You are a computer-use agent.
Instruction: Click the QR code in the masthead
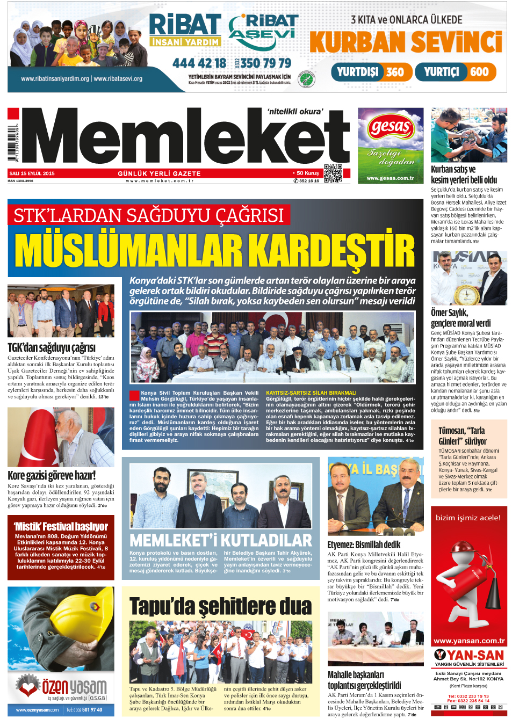tap(333, 173)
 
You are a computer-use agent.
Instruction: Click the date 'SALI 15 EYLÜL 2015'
tap(32, 173)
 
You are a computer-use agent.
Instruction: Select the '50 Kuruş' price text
tap(307, 173)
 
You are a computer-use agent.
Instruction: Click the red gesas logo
tap(391, 128)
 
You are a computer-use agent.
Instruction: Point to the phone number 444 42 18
tap(199, 63)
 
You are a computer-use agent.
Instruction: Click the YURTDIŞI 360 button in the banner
tap(371, 72)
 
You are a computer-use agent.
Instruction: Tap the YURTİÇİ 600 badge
tap(456, 72)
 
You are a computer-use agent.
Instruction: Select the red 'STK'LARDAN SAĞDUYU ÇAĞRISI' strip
tap(149, 215)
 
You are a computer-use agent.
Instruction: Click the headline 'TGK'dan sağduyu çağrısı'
tap(52, 347)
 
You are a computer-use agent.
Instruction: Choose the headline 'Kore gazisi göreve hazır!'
tap(52, 475)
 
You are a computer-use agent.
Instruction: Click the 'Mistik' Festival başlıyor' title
tap(61, 526)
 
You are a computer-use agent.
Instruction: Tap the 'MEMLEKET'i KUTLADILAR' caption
tap(220, 540)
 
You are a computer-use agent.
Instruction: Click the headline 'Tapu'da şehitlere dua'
tap(220, 606)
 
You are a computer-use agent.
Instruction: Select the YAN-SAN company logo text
tap(469, 655)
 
